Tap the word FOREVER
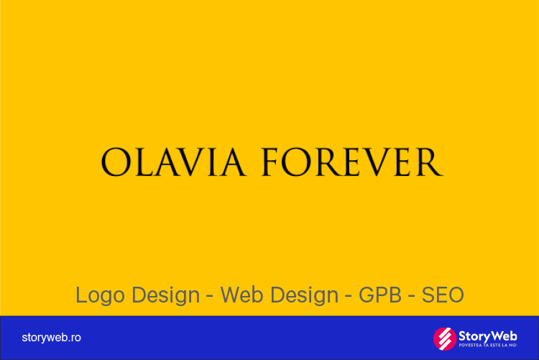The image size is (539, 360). coord(351,162)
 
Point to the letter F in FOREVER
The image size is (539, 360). coord(269,162)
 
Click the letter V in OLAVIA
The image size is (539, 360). coord(191,162)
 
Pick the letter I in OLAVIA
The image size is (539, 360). coord(213,162)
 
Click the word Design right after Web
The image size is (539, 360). coord(305,295)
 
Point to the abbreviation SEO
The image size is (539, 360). coord(443,295)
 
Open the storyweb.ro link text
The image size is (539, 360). coord(51,338)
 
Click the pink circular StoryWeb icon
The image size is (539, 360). coord(445,338)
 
